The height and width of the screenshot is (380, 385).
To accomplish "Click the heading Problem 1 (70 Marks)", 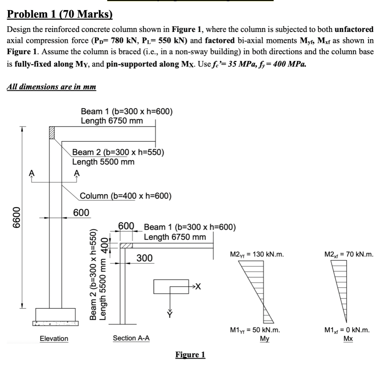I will click(60, 15).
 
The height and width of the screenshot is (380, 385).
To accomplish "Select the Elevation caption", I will click(54, 338).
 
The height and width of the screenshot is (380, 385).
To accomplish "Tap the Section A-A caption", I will click(131, 338).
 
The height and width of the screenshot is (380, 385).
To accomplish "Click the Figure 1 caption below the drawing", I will click(190, 355).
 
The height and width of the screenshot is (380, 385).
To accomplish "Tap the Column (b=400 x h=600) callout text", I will click(125, 196).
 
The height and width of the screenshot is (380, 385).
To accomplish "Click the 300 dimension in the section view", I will click(145, 258).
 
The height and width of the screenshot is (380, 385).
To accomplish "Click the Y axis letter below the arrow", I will click(171, 315).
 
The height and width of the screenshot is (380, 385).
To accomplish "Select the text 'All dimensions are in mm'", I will click(51, 87).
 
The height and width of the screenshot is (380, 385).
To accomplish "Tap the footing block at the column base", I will click(56, 314).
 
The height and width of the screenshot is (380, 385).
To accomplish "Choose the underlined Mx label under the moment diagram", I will click(348, 338).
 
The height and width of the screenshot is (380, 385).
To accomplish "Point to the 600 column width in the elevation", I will click(81, 213).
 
